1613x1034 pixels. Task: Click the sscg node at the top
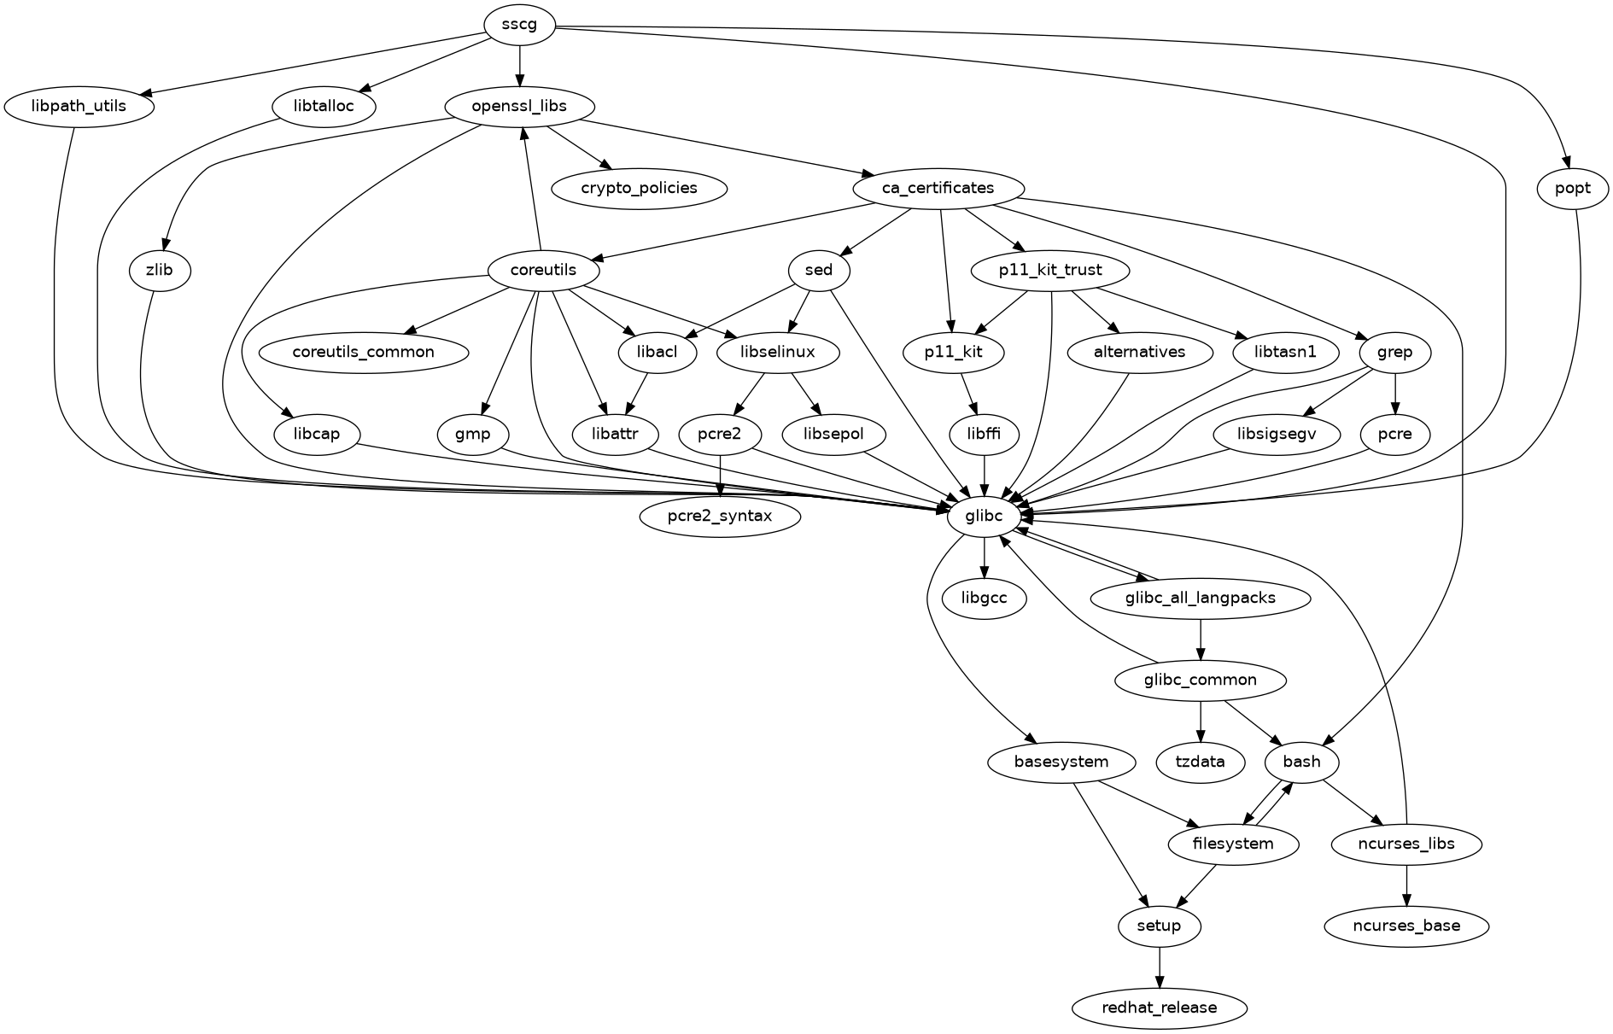pyautogui.click(x=519, y=24)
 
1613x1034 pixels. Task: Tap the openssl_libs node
pyautogui.click(x=519, y=107)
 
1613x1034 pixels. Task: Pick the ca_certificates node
pyautogui.click(x=938, y=188)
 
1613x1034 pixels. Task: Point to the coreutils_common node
pyautogui.click(x=364, y=352)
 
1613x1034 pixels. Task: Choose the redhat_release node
pyautogui.click(x=1159, y=1008)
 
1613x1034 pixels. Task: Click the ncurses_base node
pyautogui.click(x=1406, y=926)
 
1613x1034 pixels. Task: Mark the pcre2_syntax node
pyautogui.click(x=720, y=516)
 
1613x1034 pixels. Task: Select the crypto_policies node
pyautogui.click(x=639, y=188)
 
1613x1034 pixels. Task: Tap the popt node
pyautogui.click(x=1573, y=188)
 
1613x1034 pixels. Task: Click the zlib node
pyautogui.click(x=160, y=271)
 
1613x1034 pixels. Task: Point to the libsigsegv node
pyautogui.click(x=1277, y=434)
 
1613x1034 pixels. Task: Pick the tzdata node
pyautogui.click(x=1201, y=762)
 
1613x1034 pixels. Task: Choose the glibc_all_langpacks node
pyautogui.click(x=1201, y=598)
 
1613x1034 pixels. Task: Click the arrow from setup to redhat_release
pyautogui.click(x=1159, y=967)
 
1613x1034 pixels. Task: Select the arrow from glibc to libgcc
pyautogui.click(x=985, y=557)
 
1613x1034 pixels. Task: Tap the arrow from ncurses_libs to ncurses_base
pyautogui.click(x=1406, y=885)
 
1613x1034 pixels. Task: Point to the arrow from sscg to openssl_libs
pyautogui.click(x=519, y=65)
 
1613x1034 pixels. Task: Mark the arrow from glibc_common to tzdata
pyautogui.click(x=1201, y=721)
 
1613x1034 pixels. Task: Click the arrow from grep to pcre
pyautogui.click(x=1394, y=393)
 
